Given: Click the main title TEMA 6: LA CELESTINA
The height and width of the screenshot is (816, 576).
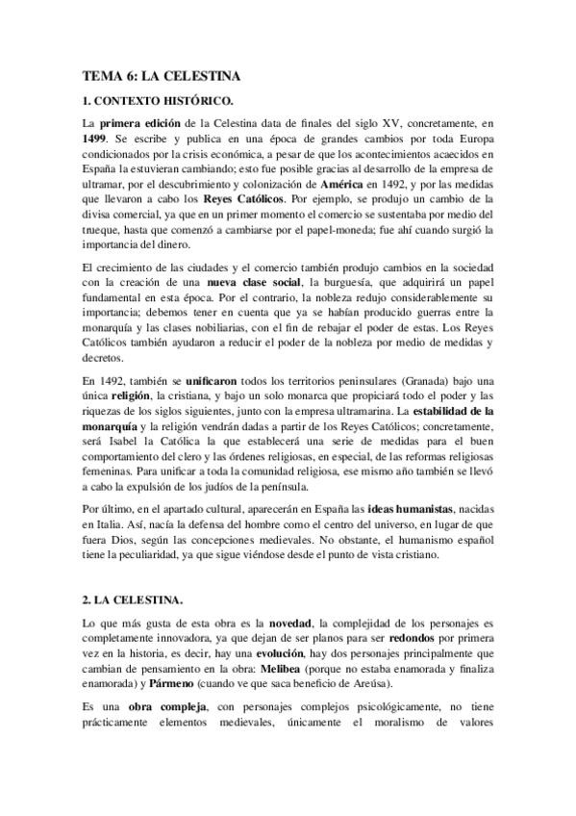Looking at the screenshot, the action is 161,74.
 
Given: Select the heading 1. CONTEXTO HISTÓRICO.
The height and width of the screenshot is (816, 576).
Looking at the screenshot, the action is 158,100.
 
